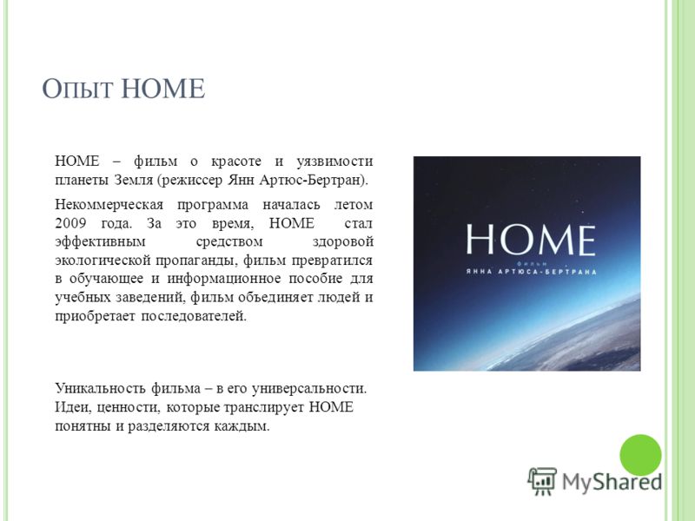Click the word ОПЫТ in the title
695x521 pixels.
(77, 89)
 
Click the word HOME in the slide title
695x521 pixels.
(163, 89)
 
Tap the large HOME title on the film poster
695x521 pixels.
(531, 240)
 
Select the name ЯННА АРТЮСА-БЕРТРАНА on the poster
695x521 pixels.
(531, 272)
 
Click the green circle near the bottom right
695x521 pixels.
(640, 455)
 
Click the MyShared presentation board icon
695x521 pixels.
(542, 481)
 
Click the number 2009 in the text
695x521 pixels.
(71, 223)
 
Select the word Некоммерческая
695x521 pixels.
(109, 205)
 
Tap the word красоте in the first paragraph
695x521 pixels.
(236, 162)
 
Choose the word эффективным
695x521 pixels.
(100, 242)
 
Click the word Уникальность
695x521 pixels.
(100, 388)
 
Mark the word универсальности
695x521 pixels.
(309, 389)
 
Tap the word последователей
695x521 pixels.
(194, 316)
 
